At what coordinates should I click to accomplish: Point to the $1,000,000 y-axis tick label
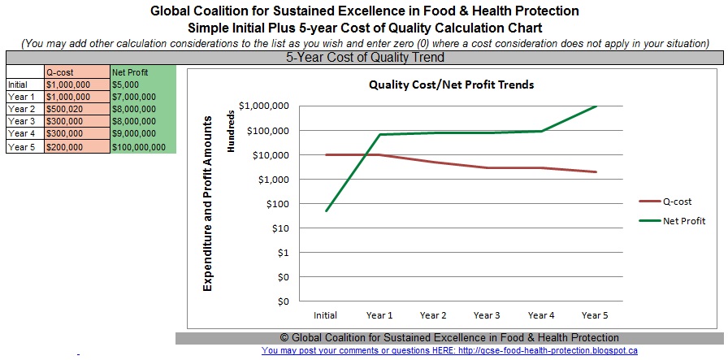click(266, 106)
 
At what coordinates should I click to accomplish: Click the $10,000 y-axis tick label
click(271, 155)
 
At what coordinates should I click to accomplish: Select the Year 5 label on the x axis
click(596, 314)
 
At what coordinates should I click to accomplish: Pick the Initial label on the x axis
click(327, 314)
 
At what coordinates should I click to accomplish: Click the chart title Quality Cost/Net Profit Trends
click(451, 85)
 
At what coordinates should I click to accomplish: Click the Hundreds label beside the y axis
click(230, 135)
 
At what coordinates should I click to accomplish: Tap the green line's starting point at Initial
click(327, 211)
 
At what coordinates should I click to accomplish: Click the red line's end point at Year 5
click(596, 171)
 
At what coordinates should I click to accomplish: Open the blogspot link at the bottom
click(449, 351)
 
